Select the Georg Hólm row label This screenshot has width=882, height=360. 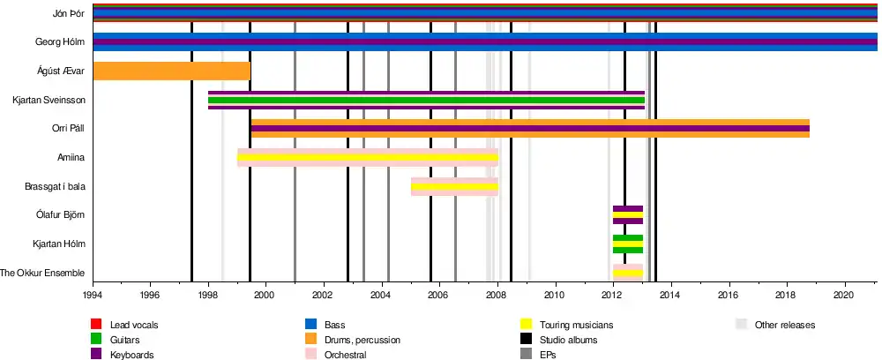(x=59, y=41)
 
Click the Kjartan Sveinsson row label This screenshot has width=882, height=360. (x=49, y=100)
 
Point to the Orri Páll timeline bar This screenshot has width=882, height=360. (x=529, y=129)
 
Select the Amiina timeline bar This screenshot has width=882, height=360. (x=367, y=158)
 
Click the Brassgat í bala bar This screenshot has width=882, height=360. (x=454, y=187)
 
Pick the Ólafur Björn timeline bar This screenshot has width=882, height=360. (x=627, y=215)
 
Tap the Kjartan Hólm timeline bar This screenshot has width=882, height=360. (x=627, y=244)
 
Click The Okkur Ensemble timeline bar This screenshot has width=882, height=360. (x=627, y=273)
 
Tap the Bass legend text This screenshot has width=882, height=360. (x=334, y=326)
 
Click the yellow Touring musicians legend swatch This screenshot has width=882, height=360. (x=527, y=326)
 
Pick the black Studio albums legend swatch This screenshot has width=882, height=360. (x=527, y=340)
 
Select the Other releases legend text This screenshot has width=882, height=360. (x=785, y=326)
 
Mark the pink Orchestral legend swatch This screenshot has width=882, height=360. (x=310, y=355)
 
